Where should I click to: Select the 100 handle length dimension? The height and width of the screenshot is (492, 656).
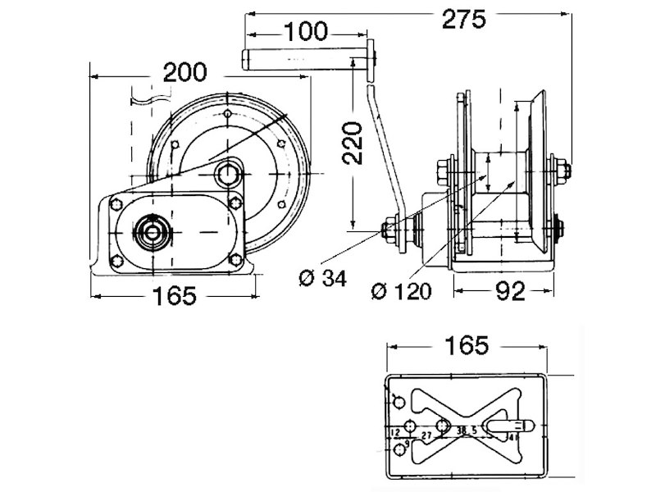tap(306, 33)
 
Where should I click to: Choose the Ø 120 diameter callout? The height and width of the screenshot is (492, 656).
tap(401, 291)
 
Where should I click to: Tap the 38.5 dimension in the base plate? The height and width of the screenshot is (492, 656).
tap(468, 431)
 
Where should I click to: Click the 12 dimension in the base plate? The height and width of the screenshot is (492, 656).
tap(396, 431)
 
